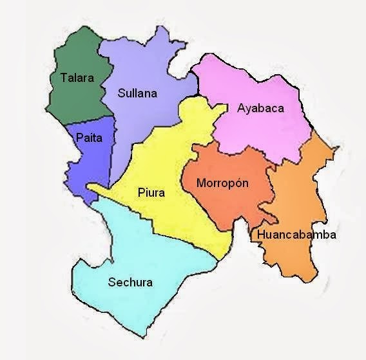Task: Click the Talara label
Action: pyautogui.click(x=77, y=78)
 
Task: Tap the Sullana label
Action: pyautogui.click(x=137, y=93)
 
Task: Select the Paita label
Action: pyautogui.click(x=89, y=137)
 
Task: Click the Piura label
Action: pyautogui.click(x=151, y=192)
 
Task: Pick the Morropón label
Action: pyautogui.click(x=222, y=183)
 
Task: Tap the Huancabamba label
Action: pyautogui.click(x=296, y=235)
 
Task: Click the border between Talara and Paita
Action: pyautogui.click(x=90, y=121)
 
